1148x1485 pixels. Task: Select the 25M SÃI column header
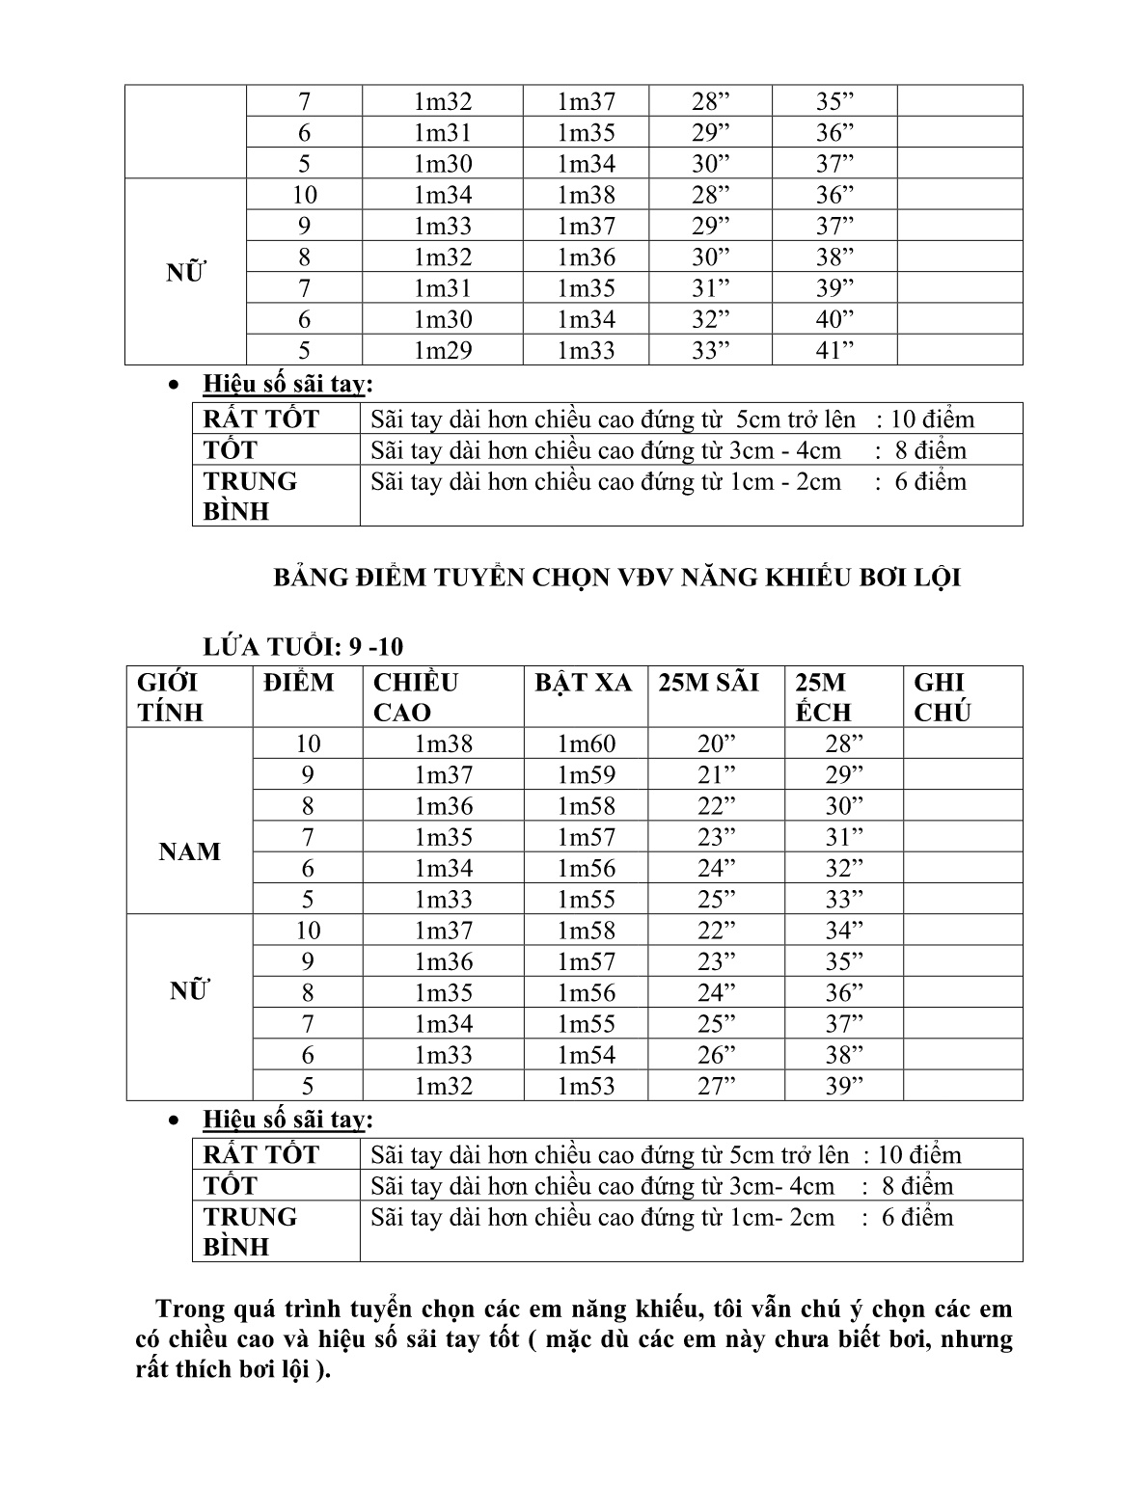click(708, 683)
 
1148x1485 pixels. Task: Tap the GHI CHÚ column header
click(942, 697)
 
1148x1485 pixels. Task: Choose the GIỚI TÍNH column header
click(168, 697)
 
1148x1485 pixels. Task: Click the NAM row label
click(189, 851)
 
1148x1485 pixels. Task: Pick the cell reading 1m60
click(586, 743)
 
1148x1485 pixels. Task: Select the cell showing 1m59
click(586, 774)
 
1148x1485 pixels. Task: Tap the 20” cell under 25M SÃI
click(716, 743)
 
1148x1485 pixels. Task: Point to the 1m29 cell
click(443, 350)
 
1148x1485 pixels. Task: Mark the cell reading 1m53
click(586, 1086)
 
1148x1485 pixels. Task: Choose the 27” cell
click(716, 1086)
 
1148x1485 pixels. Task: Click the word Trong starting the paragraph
click(190, 1309)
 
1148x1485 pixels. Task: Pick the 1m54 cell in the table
click(586, 1055)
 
